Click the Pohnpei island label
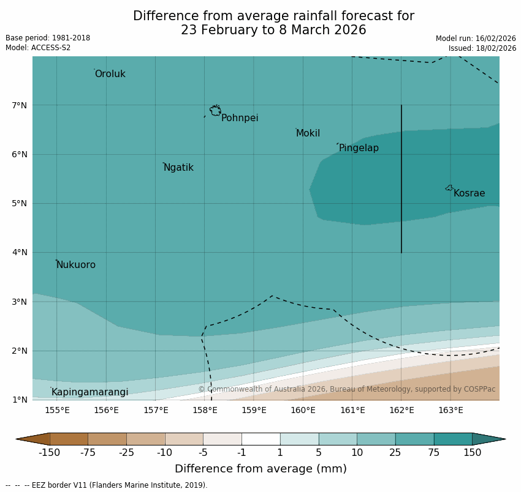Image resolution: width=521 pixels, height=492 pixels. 240,118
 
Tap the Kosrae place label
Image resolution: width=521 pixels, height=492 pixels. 469,193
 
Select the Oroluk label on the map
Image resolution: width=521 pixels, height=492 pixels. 110,74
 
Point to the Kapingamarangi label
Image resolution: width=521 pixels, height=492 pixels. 89,392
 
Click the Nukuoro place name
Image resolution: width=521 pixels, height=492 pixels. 76,265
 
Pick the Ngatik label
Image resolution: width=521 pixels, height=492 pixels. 178,168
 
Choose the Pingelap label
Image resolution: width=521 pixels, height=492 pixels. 359,148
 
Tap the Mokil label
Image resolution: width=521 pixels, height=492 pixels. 308,133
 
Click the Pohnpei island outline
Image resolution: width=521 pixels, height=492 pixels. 215,111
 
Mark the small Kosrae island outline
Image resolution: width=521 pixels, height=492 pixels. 449,188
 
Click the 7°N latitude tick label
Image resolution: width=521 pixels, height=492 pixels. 19,105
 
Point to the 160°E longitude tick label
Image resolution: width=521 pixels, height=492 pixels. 303,410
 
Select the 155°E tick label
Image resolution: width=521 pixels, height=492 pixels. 57,410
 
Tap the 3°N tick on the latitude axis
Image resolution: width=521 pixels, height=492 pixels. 19,302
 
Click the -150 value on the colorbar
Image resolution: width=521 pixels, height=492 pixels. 49,453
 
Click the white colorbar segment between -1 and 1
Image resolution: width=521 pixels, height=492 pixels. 260,439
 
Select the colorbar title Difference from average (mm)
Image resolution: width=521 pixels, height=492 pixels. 260,469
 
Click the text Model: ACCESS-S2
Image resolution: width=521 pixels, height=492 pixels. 38,48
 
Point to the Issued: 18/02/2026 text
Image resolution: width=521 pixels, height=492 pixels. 482,48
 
